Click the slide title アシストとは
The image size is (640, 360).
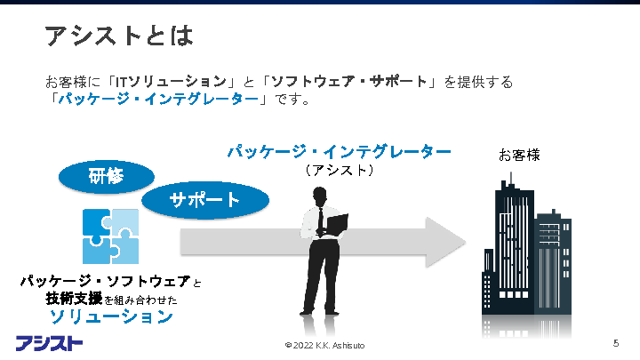119,36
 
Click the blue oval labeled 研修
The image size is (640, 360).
105,176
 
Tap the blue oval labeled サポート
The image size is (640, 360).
205,200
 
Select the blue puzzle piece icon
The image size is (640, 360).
110,236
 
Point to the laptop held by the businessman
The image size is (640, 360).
337,223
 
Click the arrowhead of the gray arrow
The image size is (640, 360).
448,240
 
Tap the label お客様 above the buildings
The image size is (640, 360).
519,156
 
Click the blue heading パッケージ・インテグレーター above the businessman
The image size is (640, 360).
339,152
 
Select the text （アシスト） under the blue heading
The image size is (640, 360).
339,170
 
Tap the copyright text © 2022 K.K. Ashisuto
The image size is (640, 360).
324,345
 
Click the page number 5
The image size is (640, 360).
615,343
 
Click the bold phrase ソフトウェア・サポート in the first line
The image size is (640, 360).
348,82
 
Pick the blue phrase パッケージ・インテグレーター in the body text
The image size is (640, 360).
156,100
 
